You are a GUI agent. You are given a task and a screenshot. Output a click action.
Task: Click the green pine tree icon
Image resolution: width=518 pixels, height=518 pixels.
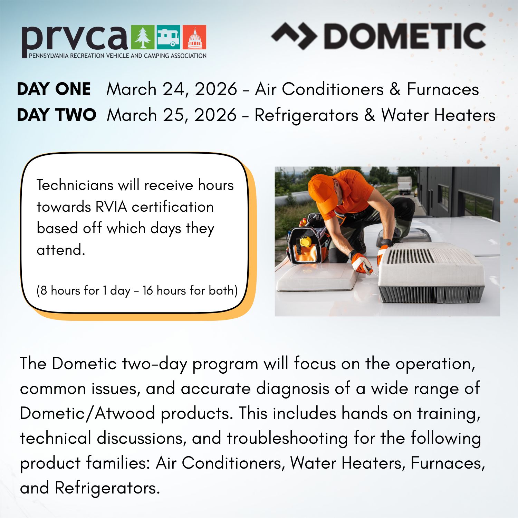click(143, 37)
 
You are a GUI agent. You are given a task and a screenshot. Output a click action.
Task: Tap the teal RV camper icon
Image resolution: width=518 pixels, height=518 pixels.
click(168, 37)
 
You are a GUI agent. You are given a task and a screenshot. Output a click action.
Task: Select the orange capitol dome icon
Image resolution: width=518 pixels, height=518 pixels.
click(194, 37)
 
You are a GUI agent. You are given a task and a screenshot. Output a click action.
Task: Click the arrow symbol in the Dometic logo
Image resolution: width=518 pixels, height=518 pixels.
click(294, 36)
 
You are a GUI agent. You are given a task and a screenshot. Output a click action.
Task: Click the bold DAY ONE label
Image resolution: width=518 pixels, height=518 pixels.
click(54, 89)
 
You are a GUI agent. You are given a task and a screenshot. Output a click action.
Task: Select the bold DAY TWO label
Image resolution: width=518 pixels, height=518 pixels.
click(57, 115)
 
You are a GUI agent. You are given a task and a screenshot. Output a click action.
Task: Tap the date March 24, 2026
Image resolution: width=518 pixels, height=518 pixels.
click(172, 89)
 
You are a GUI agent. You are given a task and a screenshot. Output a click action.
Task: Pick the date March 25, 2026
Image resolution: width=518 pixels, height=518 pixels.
click(172, 115)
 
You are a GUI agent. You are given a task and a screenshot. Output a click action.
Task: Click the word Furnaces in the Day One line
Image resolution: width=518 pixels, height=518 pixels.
click(443, 89)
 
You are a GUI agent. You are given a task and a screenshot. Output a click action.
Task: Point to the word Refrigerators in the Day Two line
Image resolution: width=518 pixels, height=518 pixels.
click(306, 115)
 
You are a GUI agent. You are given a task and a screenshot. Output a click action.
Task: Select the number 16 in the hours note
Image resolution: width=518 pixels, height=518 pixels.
click(147, 290)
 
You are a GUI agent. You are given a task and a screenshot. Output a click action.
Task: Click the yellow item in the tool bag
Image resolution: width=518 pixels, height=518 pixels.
click(305, 241)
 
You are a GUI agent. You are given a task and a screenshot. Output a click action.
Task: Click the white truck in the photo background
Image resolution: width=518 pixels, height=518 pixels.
click(404, 185)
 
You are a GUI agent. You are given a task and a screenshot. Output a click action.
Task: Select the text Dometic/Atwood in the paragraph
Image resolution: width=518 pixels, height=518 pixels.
click(87, 413)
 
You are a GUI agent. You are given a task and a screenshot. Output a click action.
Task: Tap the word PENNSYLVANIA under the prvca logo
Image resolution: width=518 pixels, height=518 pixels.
click(49, 56)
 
